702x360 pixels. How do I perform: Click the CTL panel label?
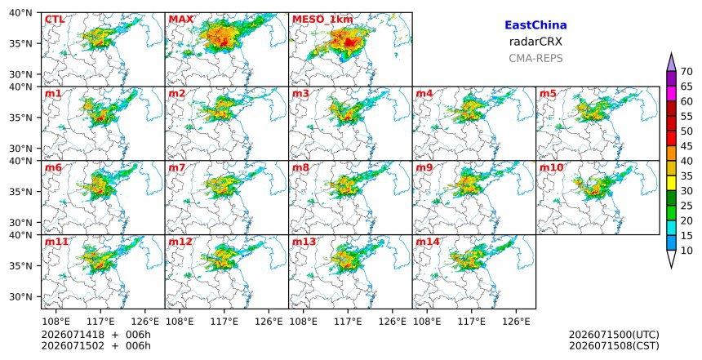54,20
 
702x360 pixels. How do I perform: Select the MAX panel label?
181,20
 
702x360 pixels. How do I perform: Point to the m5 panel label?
548,94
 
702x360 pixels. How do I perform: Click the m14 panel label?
428,242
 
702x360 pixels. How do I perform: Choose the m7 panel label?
177,167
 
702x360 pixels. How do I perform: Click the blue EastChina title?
535,25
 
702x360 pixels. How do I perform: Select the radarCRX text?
535,42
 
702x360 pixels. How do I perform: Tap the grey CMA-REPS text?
535,58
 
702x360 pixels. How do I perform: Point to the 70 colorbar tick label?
686,72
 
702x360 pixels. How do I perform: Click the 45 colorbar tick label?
686,146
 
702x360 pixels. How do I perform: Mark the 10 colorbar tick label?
686,251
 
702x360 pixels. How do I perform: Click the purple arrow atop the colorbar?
671,63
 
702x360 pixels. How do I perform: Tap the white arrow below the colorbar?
671,258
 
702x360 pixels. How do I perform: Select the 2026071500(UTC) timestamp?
614,335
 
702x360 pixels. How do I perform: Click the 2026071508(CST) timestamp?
614,345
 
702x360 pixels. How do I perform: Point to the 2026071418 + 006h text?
96,335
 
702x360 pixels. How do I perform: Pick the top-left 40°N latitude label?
20,13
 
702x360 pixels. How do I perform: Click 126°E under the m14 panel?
516,322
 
